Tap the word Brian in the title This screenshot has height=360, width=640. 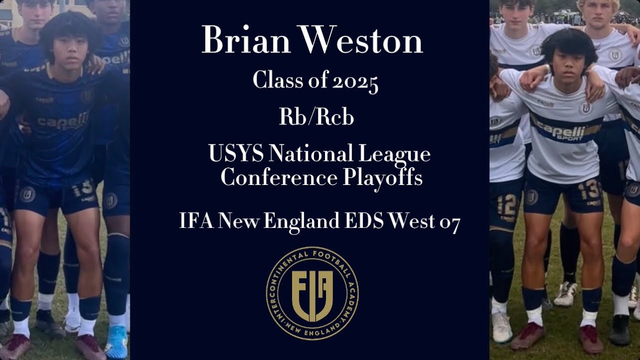coord(244,40)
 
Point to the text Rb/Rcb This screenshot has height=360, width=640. coord(316,117)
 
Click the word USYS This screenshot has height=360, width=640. coord(235,153)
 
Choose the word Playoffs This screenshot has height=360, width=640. coord(382,177)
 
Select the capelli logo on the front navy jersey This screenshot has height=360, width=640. coord(62,121)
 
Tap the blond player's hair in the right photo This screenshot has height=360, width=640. coord(598,4)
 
